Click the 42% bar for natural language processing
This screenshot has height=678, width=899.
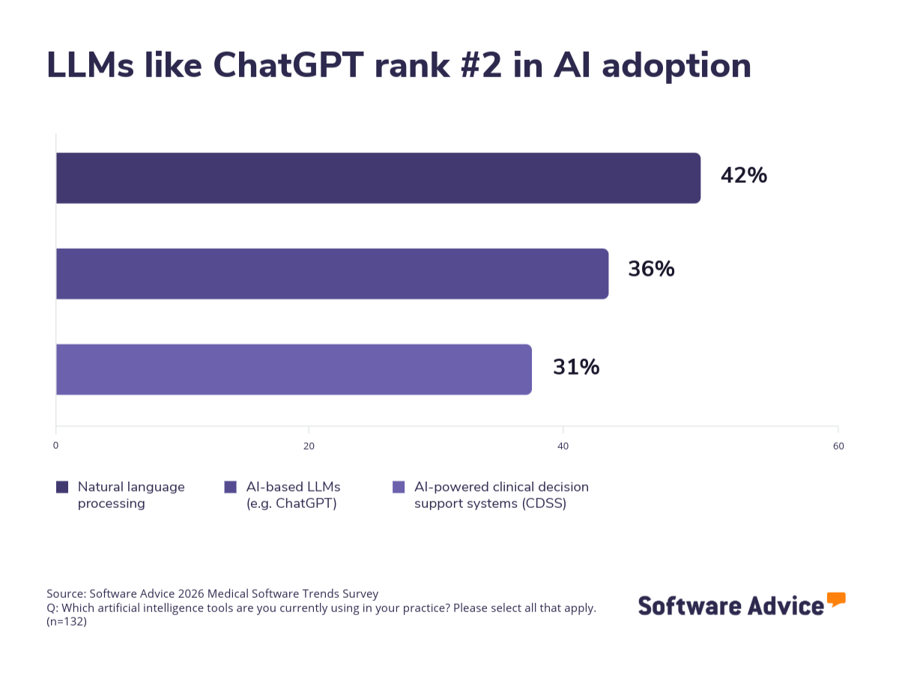(x=378, y=178)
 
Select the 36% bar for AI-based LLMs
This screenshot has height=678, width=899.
(x=332, y=273)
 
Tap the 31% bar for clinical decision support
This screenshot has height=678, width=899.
(x=294, y=369)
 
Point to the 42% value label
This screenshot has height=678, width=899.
(x=743, y=175)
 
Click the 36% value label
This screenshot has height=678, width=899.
(x=651, y=269)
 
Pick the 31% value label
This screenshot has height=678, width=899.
(x=576, y=367)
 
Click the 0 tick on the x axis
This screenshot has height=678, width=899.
(x=55, y=446)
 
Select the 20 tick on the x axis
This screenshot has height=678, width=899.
(x=309, y=446)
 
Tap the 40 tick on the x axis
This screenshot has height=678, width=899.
(x=563, y=446)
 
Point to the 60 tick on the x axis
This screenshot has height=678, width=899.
(x=838, y=446)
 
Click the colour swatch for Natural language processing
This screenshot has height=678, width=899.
(x=62, y=487)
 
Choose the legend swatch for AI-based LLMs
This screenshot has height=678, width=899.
(x=231, y=487)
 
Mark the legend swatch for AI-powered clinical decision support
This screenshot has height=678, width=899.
(x=399, y=487)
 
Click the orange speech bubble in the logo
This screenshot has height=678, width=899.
(x=836, y=599)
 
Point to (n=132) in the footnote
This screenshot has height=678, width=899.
(x=67, y=621)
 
